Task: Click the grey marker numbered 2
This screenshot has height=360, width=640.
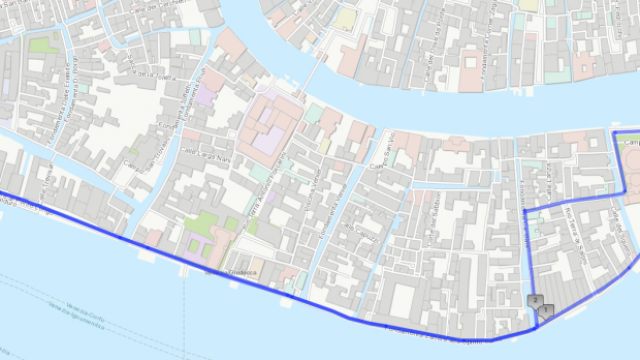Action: (535, 300)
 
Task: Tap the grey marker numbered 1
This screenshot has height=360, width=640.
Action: (545, 311)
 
